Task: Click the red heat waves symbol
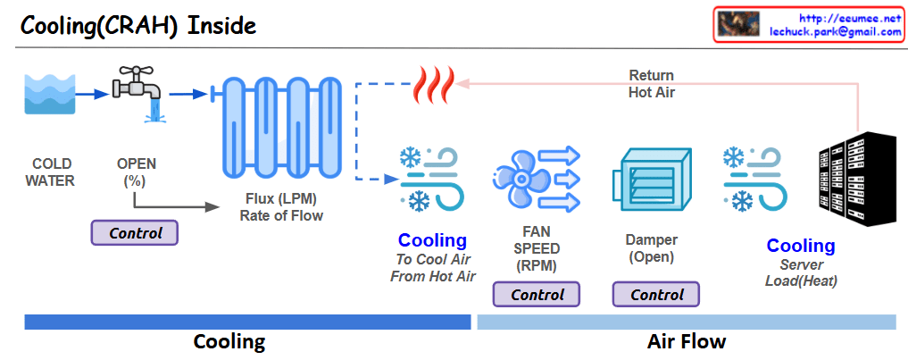(434, 85)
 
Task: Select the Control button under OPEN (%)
(136, 233)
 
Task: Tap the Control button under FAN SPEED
(537, 294)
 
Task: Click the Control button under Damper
(656, 294)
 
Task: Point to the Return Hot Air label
(652, 83)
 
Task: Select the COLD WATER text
(50, 172)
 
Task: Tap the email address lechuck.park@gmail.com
(836, 31)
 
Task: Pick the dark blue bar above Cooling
(247, 322)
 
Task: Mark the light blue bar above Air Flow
(686, 322)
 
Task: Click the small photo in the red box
(738, 24)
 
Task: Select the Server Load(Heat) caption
(801, 273)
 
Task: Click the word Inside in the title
(221, 26)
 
